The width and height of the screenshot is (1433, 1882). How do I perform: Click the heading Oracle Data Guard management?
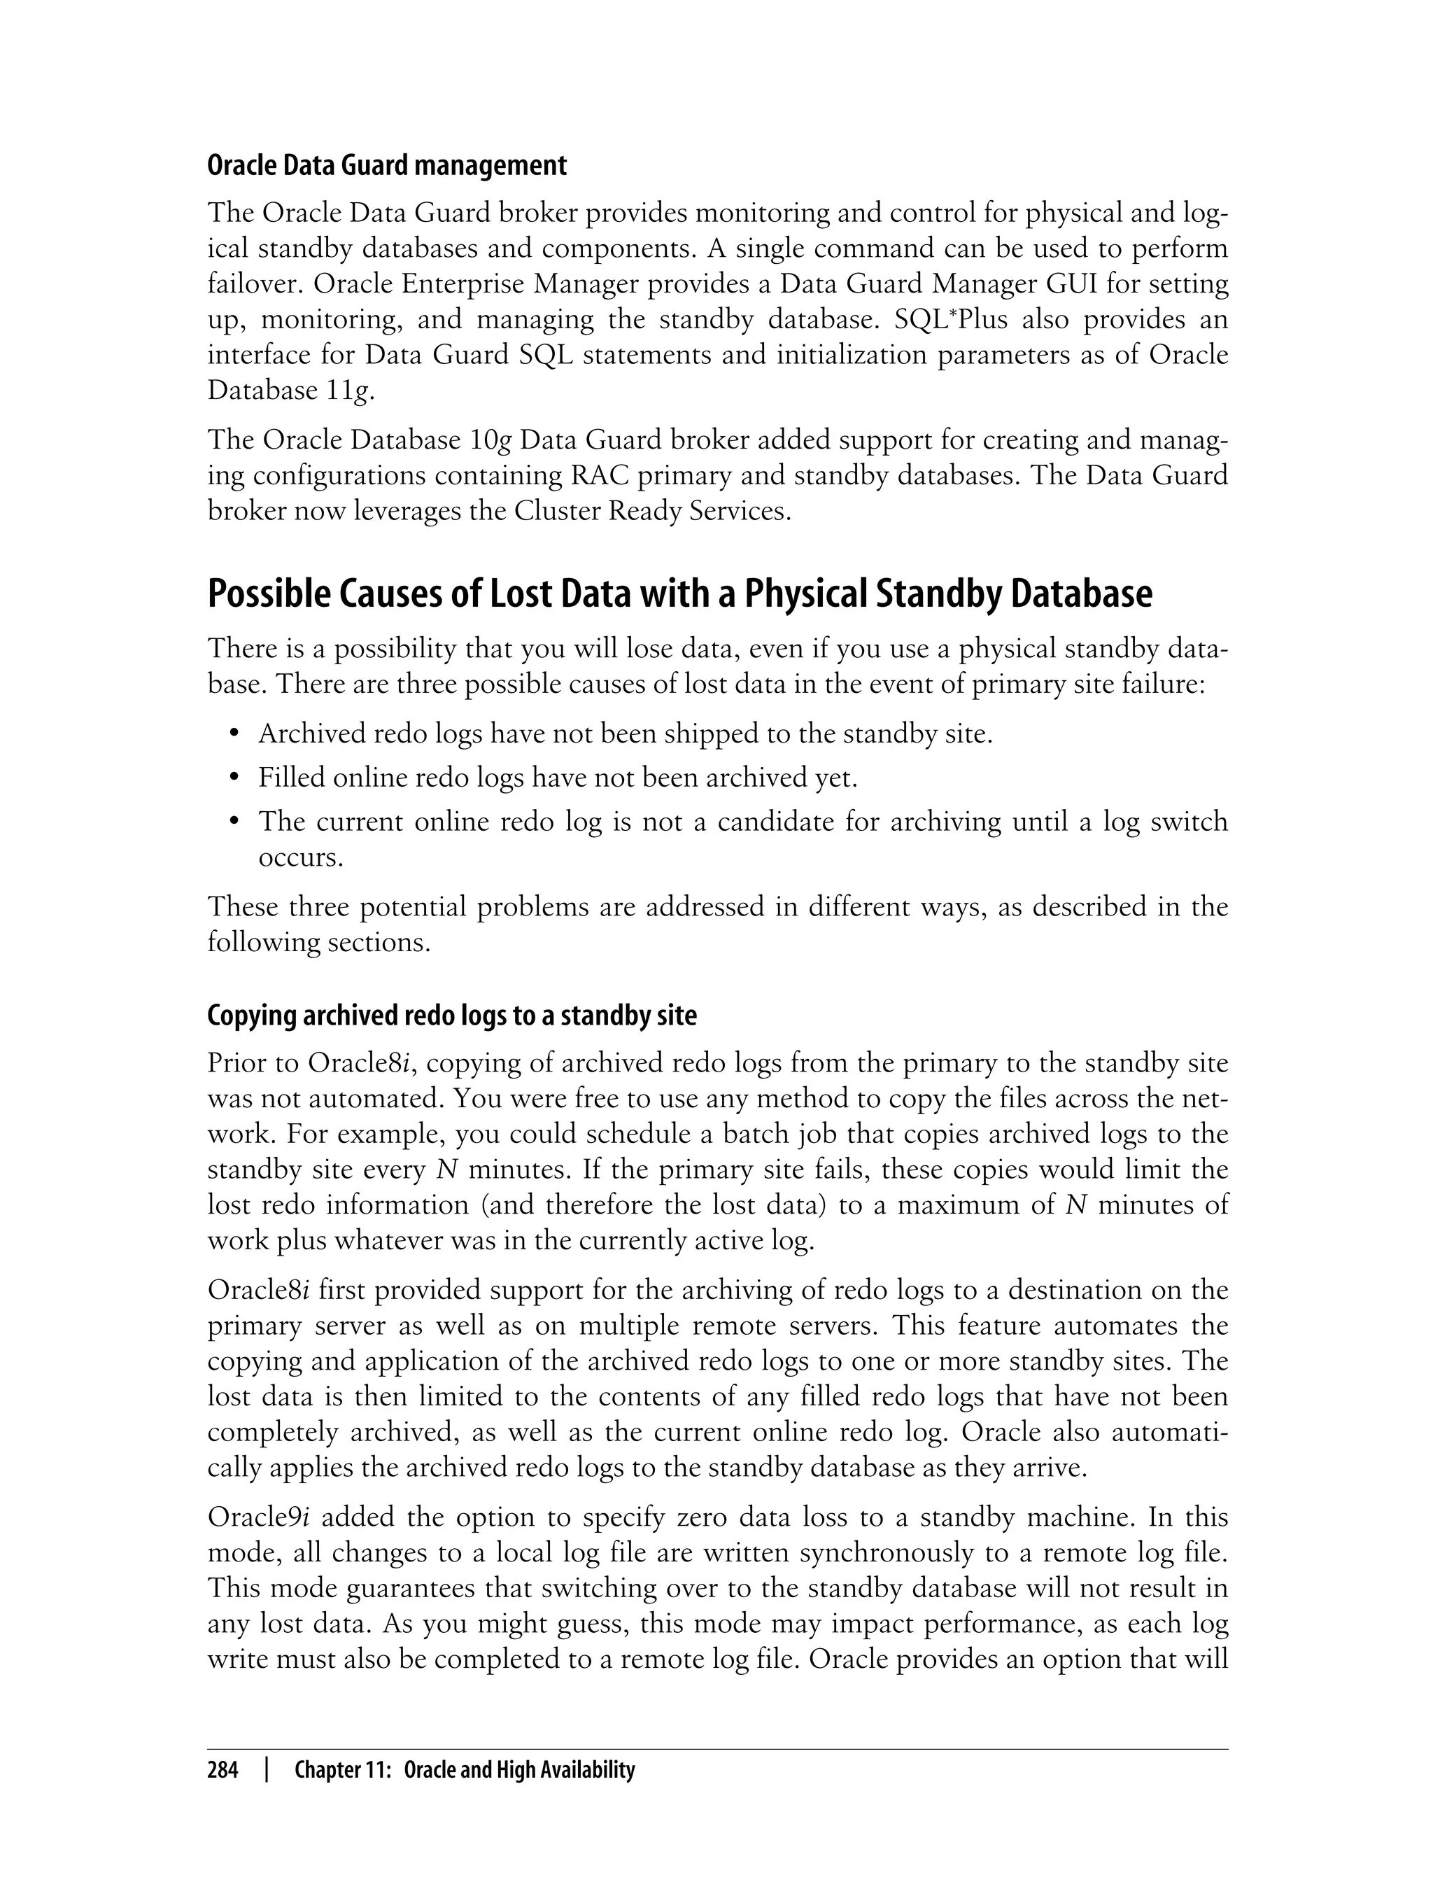pos(386,164)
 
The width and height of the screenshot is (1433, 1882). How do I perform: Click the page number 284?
pos(223,1770)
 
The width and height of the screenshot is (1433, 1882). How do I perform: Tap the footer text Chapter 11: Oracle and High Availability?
pos(464,1770)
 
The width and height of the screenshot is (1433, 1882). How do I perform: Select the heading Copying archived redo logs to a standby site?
pos(451,1016)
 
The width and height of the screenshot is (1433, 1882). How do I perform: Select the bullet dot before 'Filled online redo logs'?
pos(234,778)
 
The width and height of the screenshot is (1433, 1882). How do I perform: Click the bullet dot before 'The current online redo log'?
pos(234,822)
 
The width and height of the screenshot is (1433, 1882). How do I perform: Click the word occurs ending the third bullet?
pos(300,857)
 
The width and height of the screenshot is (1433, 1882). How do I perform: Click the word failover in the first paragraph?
pos(253,283)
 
